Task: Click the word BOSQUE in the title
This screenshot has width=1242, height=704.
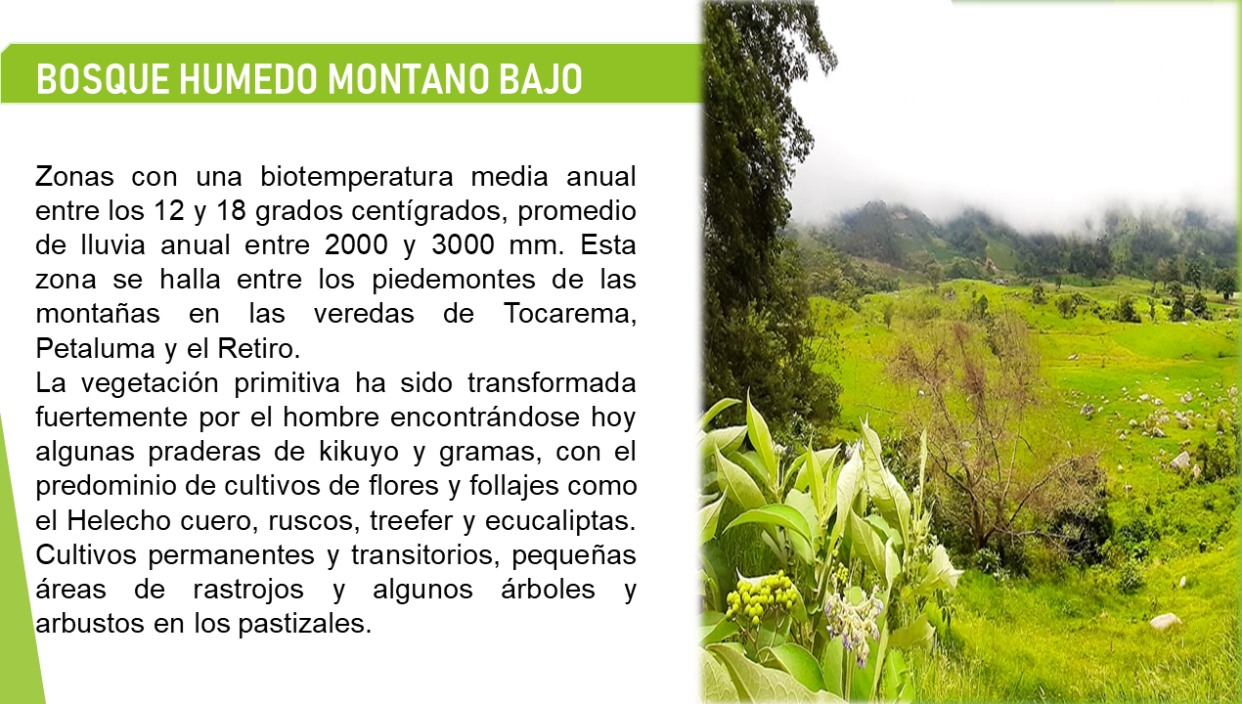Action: (103, 79)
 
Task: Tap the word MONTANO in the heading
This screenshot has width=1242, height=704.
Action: (408, 79)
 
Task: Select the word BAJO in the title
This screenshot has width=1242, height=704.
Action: (541, 79)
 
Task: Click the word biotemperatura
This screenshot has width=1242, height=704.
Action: (357, 177)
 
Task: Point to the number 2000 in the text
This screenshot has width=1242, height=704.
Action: (356, 244)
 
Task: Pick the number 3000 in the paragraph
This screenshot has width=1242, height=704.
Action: (463, 244)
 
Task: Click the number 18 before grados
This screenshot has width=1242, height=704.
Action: (231, 210)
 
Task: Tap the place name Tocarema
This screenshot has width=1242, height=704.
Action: (569, 314)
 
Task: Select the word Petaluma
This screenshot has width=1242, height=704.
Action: (96, 349)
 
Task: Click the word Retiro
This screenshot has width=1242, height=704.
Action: (258, 349)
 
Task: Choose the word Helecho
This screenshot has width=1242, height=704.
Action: (118, 520)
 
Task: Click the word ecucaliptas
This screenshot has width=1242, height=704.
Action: (560, 521)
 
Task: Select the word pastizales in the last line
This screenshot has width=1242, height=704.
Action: (304, 624)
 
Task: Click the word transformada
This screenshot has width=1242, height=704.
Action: (552, 383)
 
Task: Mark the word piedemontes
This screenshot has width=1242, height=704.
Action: (454, 280)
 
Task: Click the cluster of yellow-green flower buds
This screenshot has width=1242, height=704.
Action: (762, 597)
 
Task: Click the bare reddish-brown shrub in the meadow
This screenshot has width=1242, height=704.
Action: (976, 421)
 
